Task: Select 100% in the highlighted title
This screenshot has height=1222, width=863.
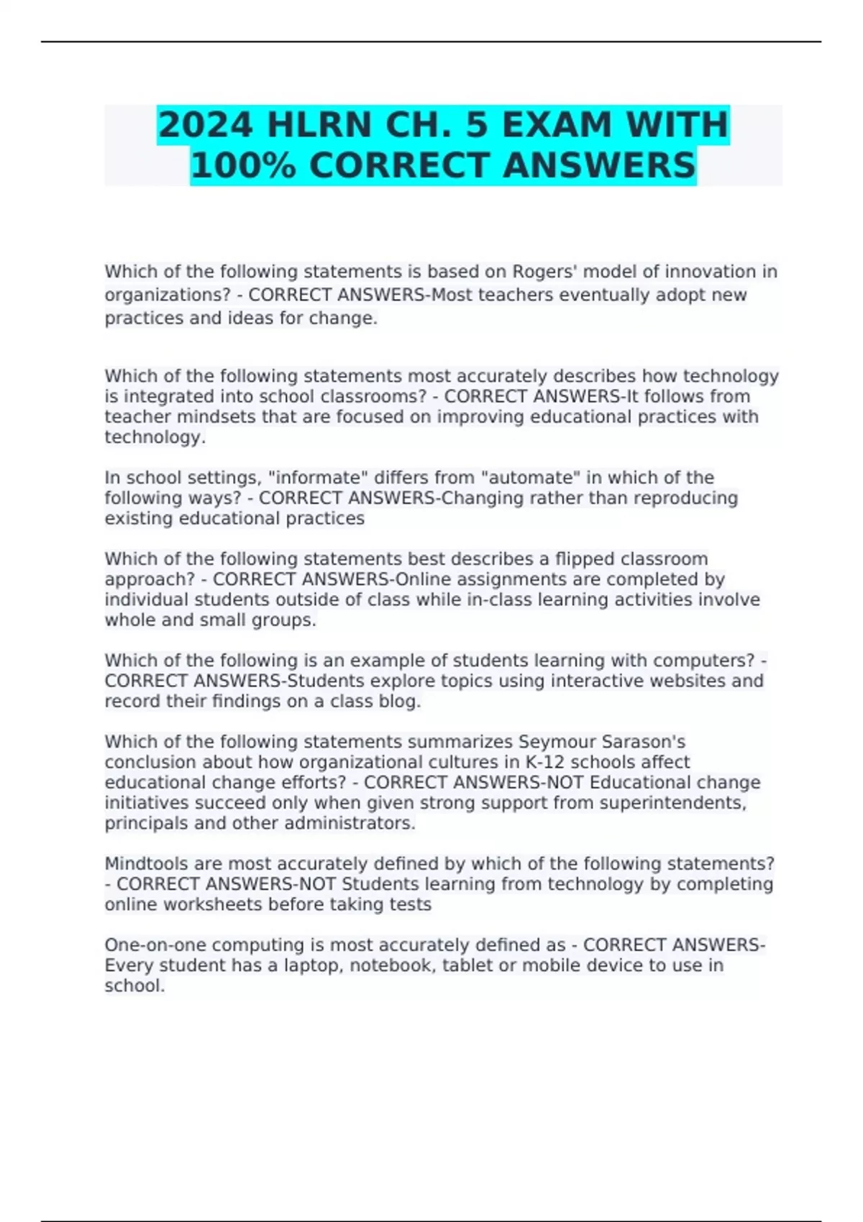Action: pyautogui.click(x=243, y=165)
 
